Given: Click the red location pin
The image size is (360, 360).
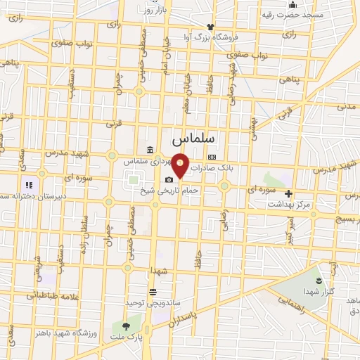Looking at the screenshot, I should (x=181, y=166).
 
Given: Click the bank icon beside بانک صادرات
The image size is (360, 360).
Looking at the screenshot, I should (x=212, y=158).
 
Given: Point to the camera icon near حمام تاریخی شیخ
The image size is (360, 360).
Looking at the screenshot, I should (x=169, y=180).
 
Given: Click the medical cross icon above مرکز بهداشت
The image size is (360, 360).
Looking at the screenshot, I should (x=288, y=193).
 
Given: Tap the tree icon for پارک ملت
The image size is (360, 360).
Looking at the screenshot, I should (x=126, y=326).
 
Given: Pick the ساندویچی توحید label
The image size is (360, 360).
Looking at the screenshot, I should (x=161, y=302).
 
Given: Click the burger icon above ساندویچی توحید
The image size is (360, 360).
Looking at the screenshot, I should (x=153, y=292).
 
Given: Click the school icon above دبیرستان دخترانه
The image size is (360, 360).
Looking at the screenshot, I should (x=29, y=185).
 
